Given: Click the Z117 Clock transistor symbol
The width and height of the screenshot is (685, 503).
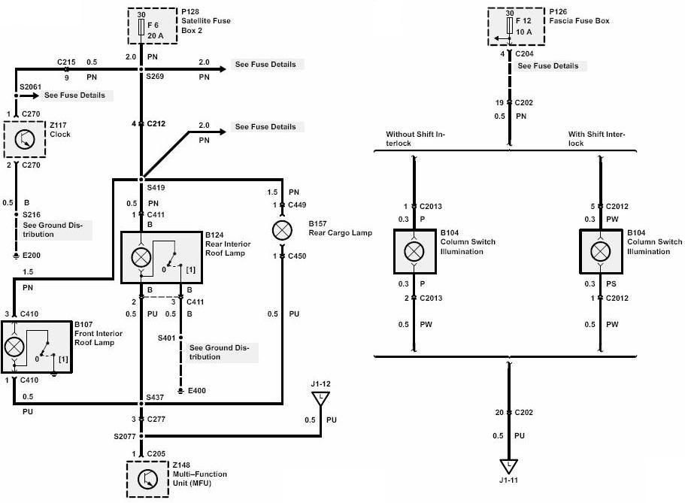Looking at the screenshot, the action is pyautogui.click(x=25, y=139).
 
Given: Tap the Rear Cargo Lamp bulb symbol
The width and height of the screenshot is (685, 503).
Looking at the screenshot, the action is pyautogui.click(x=282, y=230).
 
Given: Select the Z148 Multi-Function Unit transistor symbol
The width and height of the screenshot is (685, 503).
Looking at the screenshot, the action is pyautogui.click(x=147, y=480).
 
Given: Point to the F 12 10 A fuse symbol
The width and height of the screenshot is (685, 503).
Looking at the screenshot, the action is pyautogui.click(x=509, y=25).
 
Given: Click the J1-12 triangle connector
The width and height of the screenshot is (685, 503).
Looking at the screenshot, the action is pyautogui.click(x=320, y=398).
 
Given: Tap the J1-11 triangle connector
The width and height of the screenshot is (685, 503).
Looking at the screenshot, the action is pyautogui.click(x=508, y=466).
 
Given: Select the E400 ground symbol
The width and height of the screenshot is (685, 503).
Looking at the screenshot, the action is pyautogui.click(x=181, y=391).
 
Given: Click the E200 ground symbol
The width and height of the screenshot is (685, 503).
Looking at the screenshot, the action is pyautogui.click(x=16, y=255).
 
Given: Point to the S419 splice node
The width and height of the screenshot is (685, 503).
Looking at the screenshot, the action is pyautogui.click(x=141, y=179).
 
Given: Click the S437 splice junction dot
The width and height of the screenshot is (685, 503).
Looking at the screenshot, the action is pyautogui.click(x=141, y=403).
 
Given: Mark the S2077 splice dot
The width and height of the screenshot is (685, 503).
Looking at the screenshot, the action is pyautogui.click(x=141, y=435).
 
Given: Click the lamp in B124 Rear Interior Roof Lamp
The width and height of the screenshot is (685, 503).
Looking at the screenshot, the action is pyautogui.click(x=141, y=258).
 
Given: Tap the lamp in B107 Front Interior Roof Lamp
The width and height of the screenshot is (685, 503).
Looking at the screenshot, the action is pyautogui.click(x=14, y=347).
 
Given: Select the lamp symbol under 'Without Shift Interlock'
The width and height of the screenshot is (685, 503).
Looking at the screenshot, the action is pyautogui.click(x=414, y=251).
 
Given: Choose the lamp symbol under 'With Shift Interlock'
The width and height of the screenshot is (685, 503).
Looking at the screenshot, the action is pyautogui.click(x=600, y=251).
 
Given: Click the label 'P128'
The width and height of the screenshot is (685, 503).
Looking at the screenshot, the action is pyautogui.click(x=190, y=12).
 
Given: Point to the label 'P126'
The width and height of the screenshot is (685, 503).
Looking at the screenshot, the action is pyautogui.click(x=558, y=12).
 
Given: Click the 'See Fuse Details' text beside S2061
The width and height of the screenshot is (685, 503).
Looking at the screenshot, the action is pyautogui.click(x=74, y=95).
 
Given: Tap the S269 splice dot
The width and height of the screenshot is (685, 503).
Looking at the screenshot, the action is pyautogui.click(x=141, y=69).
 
